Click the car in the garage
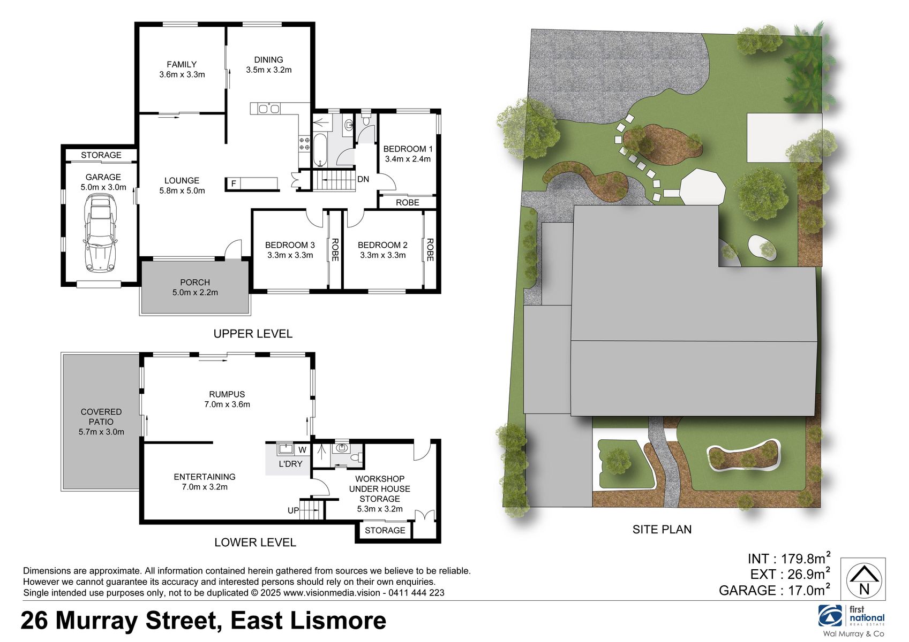[x=100, y=234]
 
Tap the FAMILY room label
[x=182, y=64]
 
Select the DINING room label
[x=268, y=60]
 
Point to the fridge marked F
[x=234, y=184]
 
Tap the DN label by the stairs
[x=363, y=179]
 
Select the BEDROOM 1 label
[x=408, y=149]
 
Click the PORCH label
[x=195, y=282]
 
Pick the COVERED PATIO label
[x=101, y=417]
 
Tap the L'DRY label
[x=290, y=464]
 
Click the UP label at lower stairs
[x=293, y=510]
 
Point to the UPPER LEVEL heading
[x=253, y=334]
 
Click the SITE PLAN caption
[x=662, y=530]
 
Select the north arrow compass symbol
[x=864, y=579]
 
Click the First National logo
[x=851, y=616]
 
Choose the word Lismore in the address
[x=335, y=621]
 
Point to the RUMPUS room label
[x=227, y=394]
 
